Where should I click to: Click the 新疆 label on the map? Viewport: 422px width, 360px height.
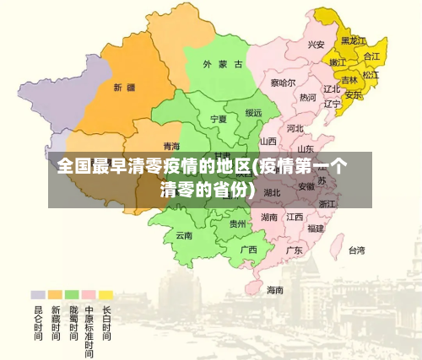click(123, 87)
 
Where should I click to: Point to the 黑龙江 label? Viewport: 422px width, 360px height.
click(354, 40)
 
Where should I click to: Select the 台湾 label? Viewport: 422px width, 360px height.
click(357, 250)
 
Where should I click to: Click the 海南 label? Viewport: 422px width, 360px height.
click(275, 289)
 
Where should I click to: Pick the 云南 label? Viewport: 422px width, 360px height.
click(184, 235)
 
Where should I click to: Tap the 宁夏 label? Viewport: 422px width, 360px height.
click(219, 119)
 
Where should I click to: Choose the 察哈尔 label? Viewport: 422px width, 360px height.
click(283, 83)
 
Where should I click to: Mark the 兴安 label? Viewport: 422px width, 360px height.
click(316, 45)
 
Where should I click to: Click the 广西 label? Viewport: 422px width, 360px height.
click(248, 250)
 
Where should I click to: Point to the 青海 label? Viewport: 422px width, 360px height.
click(171, 147)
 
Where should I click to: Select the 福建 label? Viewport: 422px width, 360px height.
click(316, 228)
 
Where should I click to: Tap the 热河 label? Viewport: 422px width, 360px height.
click(307, 98)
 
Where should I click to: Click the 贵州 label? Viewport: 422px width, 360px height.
click(238, 224)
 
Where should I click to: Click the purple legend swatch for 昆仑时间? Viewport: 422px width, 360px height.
click(38, 295)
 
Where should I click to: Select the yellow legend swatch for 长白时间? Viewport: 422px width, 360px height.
click(105, 295)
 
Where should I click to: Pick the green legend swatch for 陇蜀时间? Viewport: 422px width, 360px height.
click(72, 295)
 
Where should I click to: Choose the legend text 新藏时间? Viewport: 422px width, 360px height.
click(55, 322)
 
